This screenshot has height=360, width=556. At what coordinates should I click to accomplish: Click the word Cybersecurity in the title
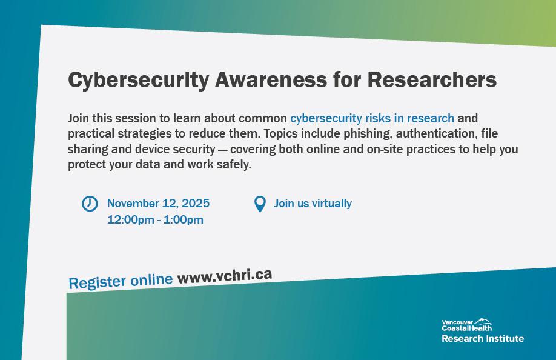click(x=138, y=81)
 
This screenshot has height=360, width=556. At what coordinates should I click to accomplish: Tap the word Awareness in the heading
click(x=271, y=79)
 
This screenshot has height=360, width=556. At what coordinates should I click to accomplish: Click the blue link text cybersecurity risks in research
click(x=372, y=118)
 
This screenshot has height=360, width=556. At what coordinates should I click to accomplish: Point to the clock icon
click(x=90, y=204)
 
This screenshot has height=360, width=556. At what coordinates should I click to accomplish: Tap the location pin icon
click(x=260, y=204)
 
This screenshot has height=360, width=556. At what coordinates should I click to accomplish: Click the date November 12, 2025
click(x=158, y=203)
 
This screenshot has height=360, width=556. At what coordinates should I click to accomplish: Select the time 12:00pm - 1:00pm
click(x=155, y=219)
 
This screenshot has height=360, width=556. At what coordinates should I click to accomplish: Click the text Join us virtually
click(x=313, y=203)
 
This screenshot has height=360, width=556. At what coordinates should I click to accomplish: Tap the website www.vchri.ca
click(x=225, y=276)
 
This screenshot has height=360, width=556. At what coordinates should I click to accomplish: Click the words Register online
click(x=121, y=281)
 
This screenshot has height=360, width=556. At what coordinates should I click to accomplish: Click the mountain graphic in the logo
click(x=483, y=321)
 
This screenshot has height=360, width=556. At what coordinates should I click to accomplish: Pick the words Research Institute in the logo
click(x=483, y=338)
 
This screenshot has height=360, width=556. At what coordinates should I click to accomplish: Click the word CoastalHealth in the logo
click(x=466, y=328)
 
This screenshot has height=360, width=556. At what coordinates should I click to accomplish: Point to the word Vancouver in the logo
click(x=457, y=322)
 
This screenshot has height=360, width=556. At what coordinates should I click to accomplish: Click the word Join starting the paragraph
click(x=78, y=118)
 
